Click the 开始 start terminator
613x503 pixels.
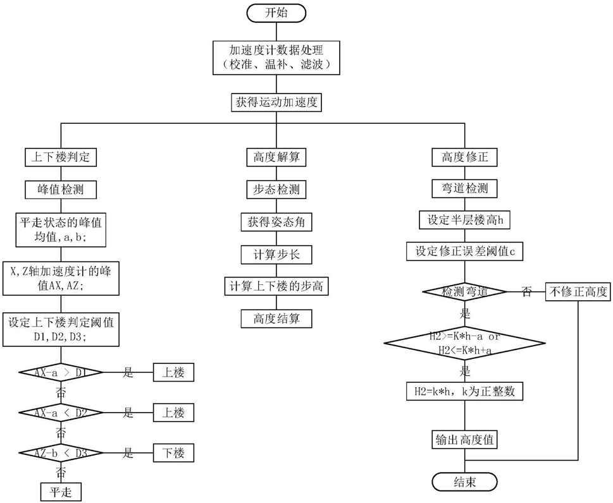point(276,13)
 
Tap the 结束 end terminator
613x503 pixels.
point(464,482)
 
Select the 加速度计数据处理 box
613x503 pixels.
point(276,58)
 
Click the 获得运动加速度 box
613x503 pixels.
point(276,103)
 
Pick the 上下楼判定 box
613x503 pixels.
point(61,157)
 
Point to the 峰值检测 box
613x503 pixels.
point(61,190)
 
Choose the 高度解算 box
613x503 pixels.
point(276,157)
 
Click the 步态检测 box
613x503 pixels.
point(276,190)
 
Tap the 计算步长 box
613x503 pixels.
point(276,255)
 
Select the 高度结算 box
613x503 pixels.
point(276,319)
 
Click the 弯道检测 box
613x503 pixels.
point(464,188)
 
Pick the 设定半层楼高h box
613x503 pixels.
point(464,221)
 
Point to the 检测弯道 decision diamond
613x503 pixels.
point(464,291)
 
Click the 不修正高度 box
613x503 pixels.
point(578,291)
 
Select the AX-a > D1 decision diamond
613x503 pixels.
point(61,373)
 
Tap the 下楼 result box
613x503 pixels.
point(173,453)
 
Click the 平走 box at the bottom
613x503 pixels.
point(61,492)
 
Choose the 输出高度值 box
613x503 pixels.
point(464,440)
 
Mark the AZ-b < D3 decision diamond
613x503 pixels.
point(61,453)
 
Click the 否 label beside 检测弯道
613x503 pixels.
point(526,292)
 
